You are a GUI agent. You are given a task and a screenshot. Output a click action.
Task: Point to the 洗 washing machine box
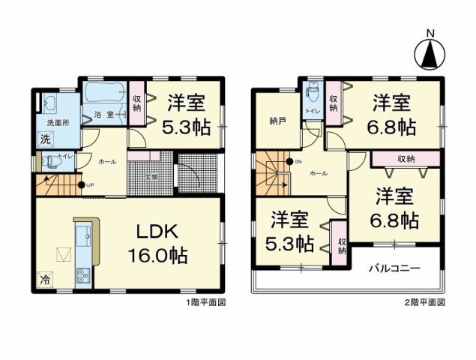[x=45, y=139]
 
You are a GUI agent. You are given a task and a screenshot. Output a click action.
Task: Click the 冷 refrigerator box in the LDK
[x=44, y=279]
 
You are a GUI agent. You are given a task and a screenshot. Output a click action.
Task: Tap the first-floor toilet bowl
[x=51, y=160]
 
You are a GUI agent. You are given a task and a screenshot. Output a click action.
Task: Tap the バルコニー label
[x=394, y=268]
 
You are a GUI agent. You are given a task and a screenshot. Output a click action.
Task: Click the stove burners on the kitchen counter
[x=82, y=277]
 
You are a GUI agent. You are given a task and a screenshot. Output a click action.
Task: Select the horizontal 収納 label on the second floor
[x=406, y=158]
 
